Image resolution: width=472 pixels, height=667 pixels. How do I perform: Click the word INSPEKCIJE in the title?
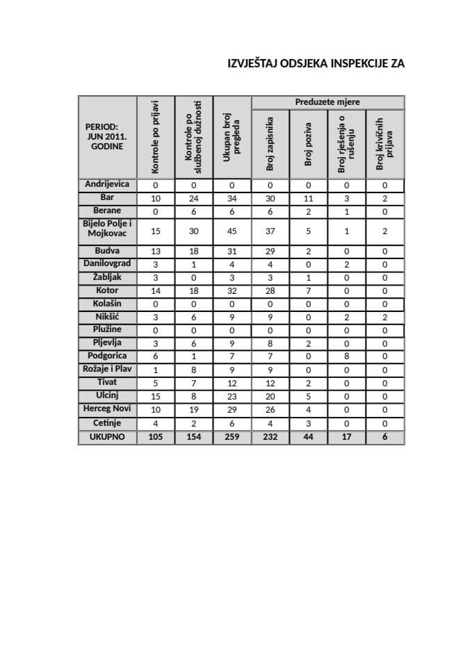343,64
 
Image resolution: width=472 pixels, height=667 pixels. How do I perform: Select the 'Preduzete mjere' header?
327,102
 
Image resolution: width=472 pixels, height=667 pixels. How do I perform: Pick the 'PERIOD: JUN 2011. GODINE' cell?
106,137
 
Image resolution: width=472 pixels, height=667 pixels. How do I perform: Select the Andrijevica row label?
106,185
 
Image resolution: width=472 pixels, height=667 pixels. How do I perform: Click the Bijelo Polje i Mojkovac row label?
106,229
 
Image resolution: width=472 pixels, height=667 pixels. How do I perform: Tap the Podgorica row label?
106,356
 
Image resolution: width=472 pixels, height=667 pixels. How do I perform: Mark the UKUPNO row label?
106,438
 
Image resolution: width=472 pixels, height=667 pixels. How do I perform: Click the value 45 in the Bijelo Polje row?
231,231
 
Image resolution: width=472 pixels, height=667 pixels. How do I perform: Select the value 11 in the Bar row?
309,198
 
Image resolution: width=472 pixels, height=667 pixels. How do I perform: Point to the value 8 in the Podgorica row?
346,356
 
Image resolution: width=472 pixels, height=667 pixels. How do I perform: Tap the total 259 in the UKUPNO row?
231,438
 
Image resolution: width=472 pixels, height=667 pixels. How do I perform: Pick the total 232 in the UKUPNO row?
270,438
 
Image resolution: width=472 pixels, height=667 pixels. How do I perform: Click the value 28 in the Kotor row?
270,291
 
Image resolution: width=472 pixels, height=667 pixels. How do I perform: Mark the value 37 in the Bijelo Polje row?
270,231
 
